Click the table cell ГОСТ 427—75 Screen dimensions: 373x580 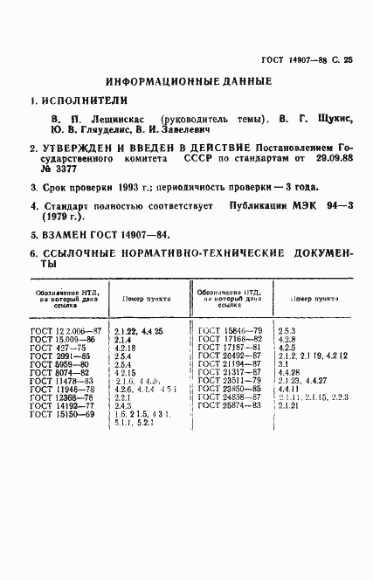pyautogui.click(x=57, y=348)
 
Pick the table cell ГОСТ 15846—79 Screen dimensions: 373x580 pyautogui.click(x=230, y=330)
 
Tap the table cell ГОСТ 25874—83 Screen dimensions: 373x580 pyautogui.click(x=230, y=405)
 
